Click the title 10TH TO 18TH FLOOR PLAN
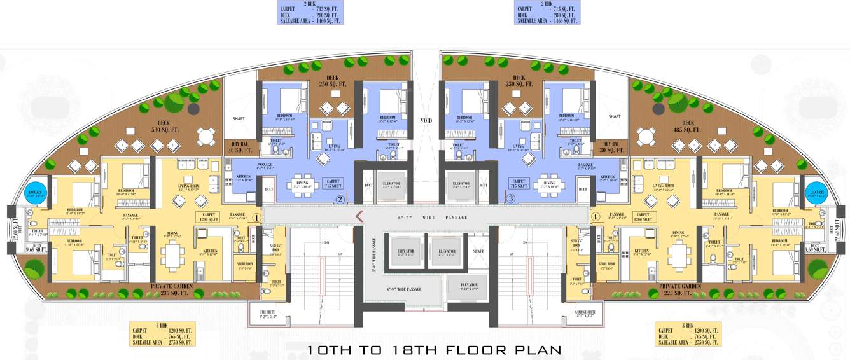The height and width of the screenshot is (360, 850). tap(435, 350)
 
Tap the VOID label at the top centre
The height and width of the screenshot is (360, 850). tap(426, 120)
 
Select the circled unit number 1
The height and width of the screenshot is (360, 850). tap(256, 217)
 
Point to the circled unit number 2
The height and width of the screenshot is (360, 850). tap(340, 199)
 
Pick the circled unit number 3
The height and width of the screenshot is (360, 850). tap(510, 199)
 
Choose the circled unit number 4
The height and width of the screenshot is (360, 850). tap(595, 216)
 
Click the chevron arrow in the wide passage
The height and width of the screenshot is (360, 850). tap(359, 216)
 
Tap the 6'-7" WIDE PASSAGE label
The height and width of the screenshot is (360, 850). tap(433, 218)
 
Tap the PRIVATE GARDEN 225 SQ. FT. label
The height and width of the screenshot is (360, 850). tap(676, 290)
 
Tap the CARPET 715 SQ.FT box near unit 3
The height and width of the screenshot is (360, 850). tap(520, 184)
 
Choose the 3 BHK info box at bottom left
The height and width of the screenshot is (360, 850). tap(162, 333)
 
